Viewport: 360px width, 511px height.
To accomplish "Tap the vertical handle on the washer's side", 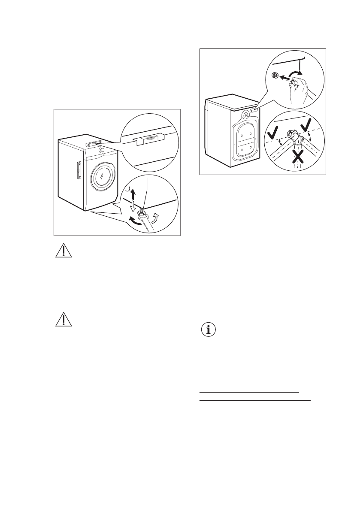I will tap(77, 171).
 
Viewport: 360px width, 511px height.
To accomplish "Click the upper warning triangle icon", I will tap(63, 250).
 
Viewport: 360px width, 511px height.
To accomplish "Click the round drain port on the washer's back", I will tap(245, 115).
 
